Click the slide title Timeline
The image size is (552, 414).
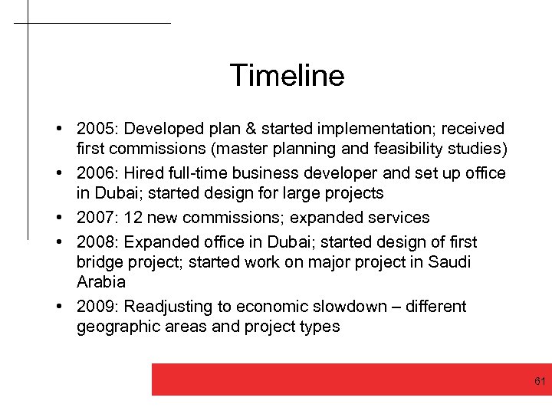pos(287,76)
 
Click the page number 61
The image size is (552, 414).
pos(540,381)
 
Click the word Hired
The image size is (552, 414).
pos(146,173)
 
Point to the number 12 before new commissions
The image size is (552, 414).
pos(133,218)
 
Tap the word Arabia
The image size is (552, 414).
pos(100,282)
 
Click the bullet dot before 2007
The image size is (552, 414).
pos(59,218)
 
